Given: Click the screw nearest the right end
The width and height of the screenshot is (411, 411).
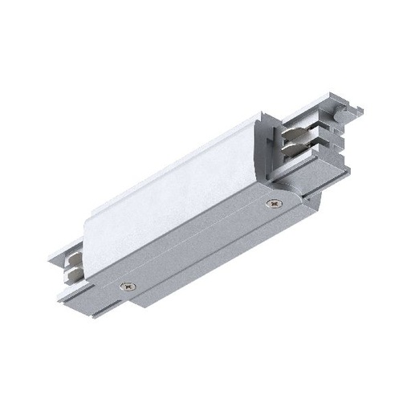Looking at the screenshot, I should coord(277,204).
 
